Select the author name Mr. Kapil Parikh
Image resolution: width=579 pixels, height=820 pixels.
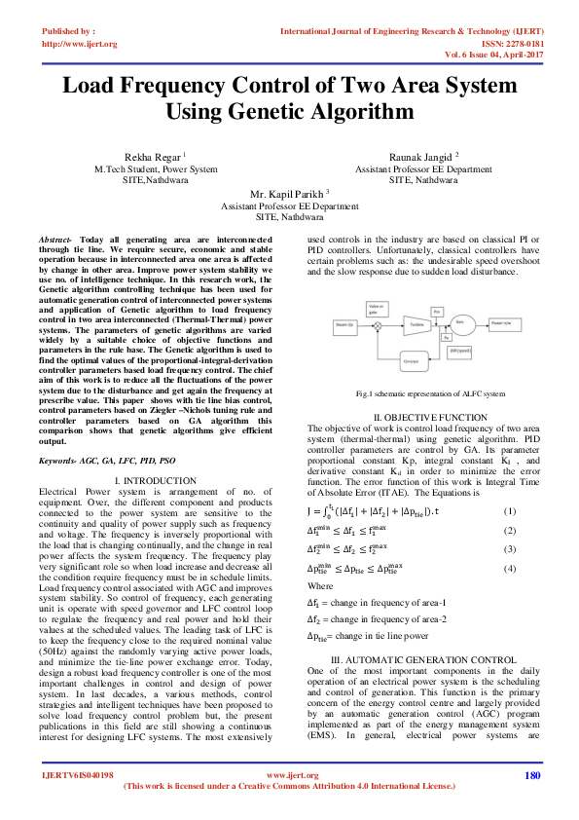coord(288,194)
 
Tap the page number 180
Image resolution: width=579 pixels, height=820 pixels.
coord(531,801)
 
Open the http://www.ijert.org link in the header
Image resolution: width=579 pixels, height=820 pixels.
coord(79,44)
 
